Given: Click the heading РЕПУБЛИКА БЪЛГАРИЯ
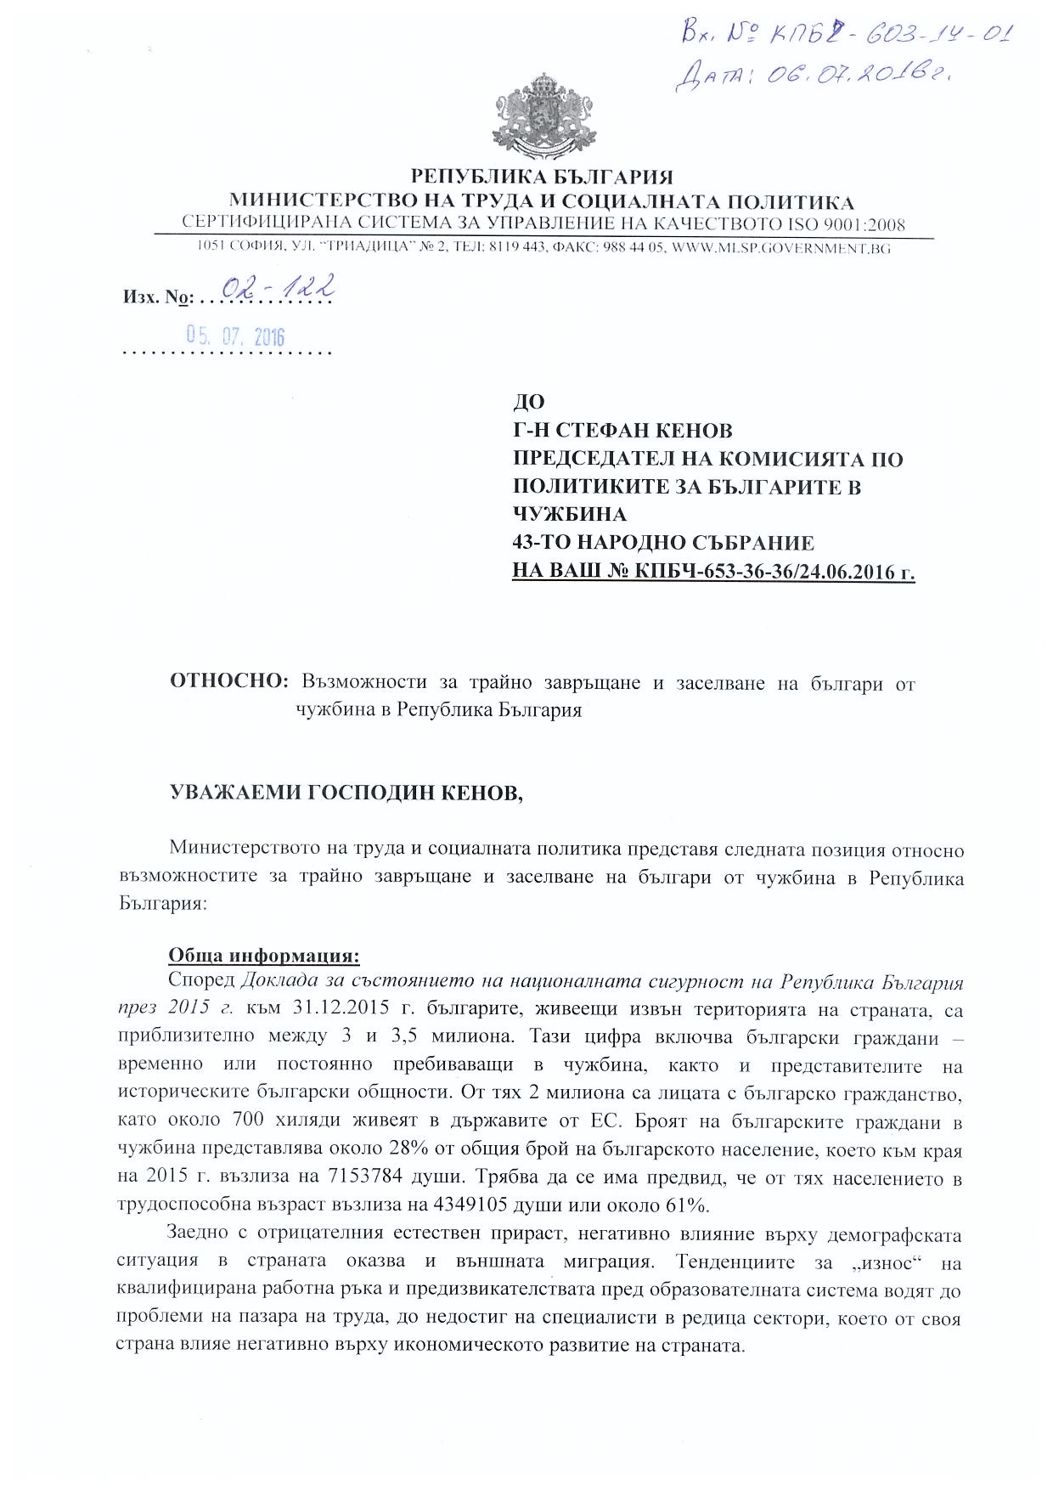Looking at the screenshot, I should pyautogui.click(x=542, y=177).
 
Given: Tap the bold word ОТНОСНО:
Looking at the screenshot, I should pyautogui.click(x=230, y=682).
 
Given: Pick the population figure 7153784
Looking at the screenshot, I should pyautogui.click(x=345, y=1179).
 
